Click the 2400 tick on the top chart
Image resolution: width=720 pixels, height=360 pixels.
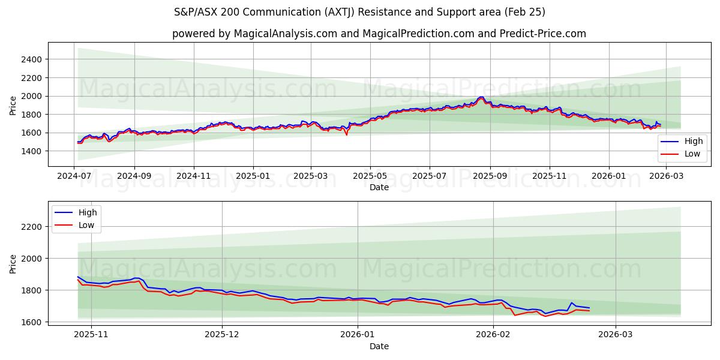click(31, 59)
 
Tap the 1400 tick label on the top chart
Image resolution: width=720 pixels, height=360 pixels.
click(31, 151)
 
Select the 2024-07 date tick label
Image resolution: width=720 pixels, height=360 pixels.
click(74, 176)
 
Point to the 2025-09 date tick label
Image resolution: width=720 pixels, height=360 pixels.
click(490, 176)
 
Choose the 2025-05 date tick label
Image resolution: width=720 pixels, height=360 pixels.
click(370, 176)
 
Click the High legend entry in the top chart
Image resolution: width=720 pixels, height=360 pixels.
click(688, 142)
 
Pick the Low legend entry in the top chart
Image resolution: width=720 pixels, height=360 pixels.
click(688, 154)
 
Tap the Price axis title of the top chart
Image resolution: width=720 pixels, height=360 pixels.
click(13, 106)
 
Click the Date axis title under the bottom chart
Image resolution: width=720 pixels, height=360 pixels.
click(379, 346)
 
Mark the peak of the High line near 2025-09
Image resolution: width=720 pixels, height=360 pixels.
click(481, 97)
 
